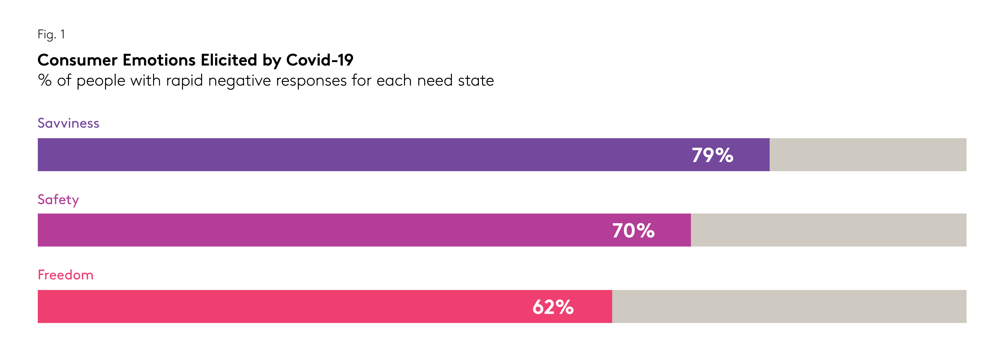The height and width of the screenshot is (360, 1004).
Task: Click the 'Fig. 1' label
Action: pos(51,35)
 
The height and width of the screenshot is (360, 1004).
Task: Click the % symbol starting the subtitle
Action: pos(45,81)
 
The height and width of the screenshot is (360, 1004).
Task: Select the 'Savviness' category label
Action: pos(68,123)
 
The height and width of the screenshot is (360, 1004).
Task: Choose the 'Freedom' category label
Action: pos(66,275)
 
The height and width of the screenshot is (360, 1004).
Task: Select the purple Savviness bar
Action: pos(351,155)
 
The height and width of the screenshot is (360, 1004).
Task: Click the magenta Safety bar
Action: pos(312,230)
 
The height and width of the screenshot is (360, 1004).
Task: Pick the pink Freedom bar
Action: pos(273,306)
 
